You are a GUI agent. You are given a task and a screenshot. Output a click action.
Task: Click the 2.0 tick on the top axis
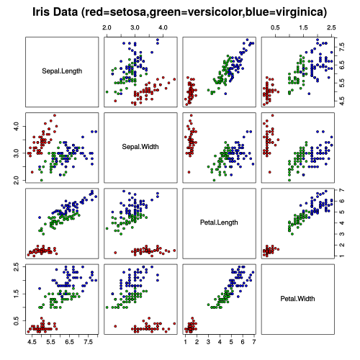point(107,26)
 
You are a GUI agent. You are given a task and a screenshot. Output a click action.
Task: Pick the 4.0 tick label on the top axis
point(163,26)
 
